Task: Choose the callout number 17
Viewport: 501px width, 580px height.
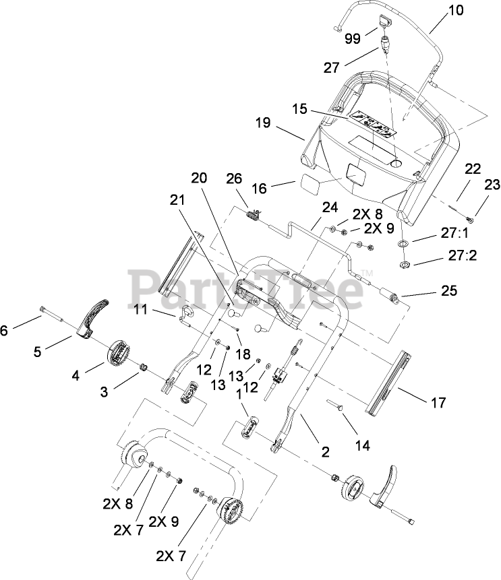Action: pyautogui.click(x=438, y=403)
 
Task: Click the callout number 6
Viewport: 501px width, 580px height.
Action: pyautogui.click(x=5, y=330)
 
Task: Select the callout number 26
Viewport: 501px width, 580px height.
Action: pyautogui.click(x=233, y=179)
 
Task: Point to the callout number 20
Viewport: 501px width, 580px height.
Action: pyautogui.click(x=198, y=179)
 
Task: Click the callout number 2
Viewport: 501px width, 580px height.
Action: pyautogui.click(x=326, y=452)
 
